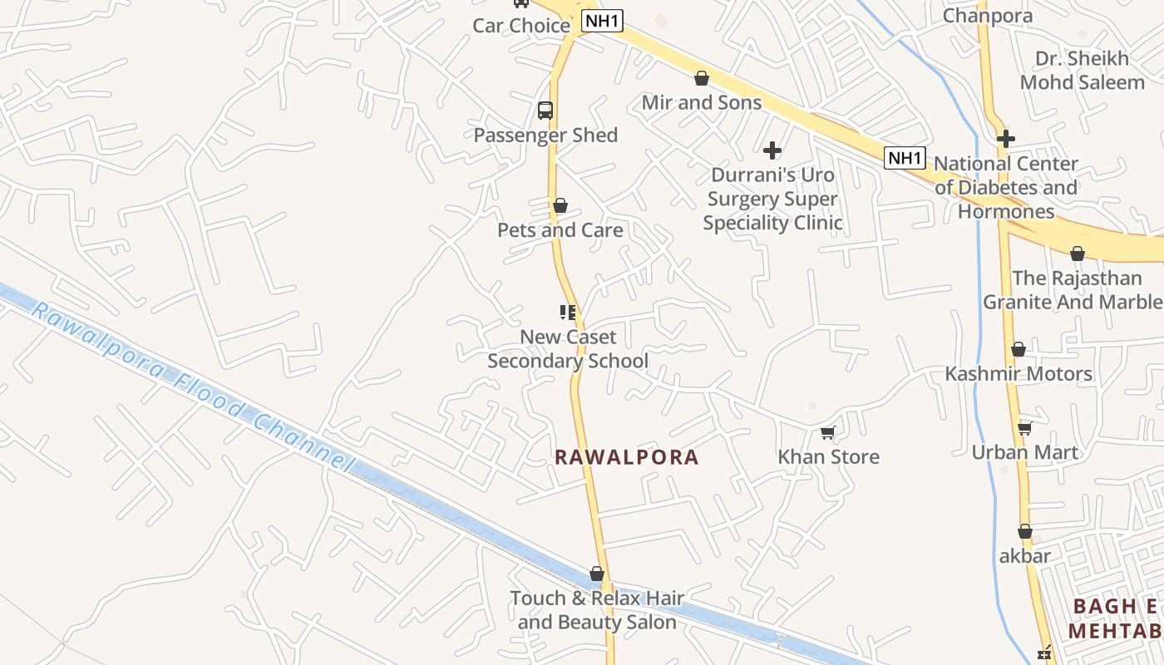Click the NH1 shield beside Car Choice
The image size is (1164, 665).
(601, 22)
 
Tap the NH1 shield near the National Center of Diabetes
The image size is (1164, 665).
(905, 158)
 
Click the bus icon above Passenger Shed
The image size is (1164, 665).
(545, 110)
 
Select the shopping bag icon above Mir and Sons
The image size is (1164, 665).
(702, 78)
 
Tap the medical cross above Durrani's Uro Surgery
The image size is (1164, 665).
(772, 150)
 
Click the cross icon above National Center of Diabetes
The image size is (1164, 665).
(1006, 139)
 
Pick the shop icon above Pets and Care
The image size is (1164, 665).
(560, 205)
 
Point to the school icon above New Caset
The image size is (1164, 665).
(568, 313)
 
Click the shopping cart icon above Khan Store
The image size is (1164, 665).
(827, 432)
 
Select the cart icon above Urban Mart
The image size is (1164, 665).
(1025, 428)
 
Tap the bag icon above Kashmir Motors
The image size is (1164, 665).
(1018, 349)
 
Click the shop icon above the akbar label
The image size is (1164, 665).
(1025, 531)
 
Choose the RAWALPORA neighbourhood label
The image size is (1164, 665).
(627, 457)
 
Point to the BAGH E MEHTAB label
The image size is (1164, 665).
(1114, 618)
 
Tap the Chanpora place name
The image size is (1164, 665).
(988, 15)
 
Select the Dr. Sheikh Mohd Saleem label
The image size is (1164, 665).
(1083, 71)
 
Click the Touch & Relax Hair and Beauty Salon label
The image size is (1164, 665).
(597, 610)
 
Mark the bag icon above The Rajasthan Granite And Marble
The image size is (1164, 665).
(1078, 254)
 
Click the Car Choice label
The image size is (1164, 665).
(521, 25)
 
